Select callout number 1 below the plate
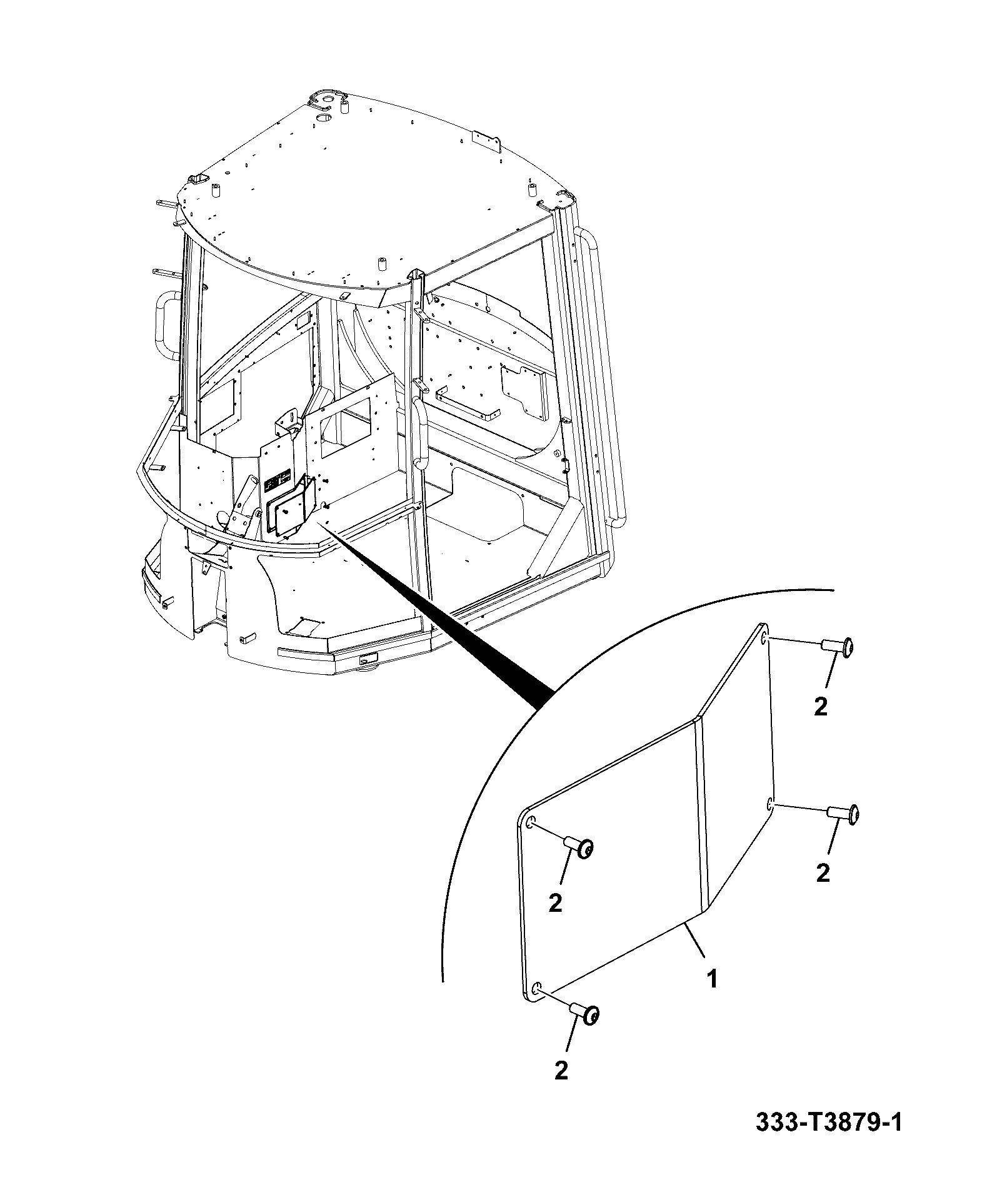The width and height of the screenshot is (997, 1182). point(712,979)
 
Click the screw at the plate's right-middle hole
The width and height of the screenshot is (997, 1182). point(843,814)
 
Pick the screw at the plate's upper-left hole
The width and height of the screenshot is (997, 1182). point(579,847)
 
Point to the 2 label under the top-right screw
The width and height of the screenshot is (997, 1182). point(821,707)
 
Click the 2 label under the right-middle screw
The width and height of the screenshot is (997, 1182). point(823,872)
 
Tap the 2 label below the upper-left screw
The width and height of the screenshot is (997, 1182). point(555,902)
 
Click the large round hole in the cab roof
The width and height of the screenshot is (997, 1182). point(323,118)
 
